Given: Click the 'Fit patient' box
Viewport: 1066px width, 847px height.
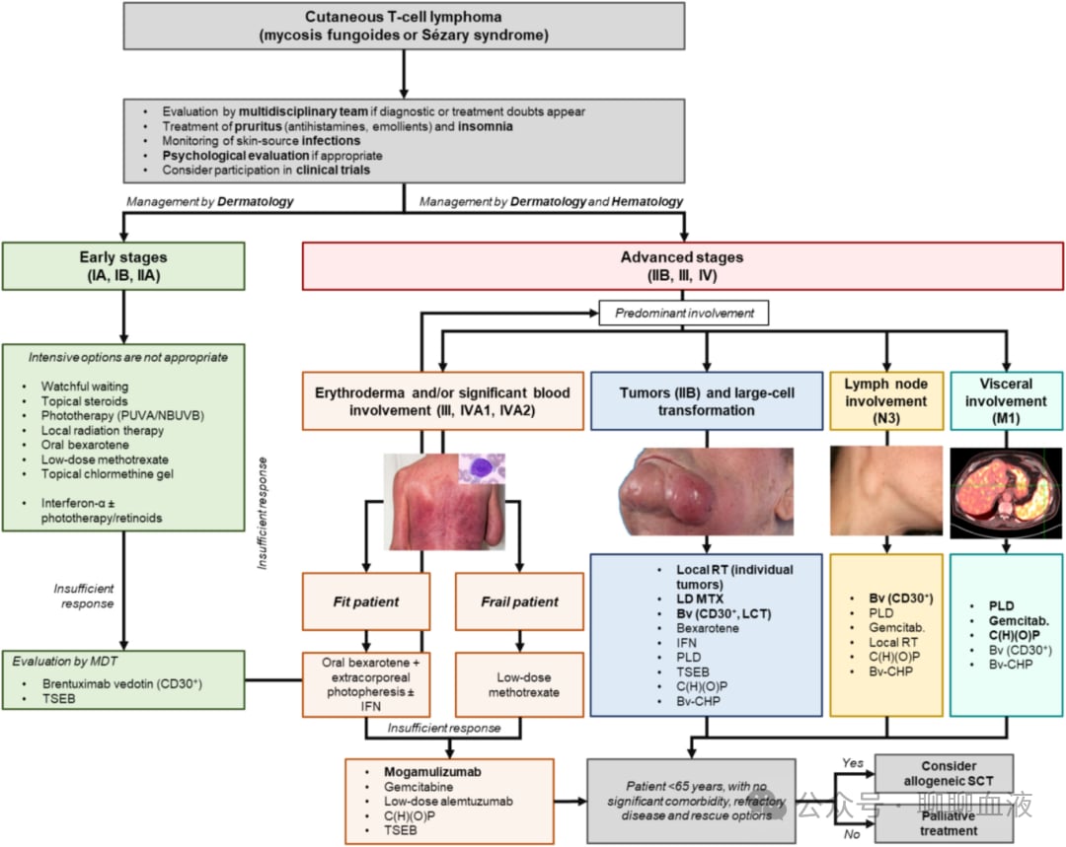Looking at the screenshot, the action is [x=366, y=601].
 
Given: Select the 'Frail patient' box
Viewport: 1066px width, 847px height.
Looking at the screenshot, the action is [x=519, y=601].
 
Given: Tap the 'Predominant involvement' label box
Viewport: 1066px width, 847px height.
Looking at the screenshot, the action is [x=684, y=314].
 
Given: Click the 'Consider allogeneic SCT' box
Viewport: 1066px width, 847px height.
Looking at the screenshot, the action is [x=944, y=773].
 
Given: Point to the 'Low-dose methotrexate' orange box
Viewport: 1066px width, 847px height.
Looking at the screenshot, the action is [x=519, y=684].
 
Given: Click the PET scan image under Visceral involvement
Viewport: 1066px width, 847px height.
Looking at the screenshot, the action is [x=1006, y=493].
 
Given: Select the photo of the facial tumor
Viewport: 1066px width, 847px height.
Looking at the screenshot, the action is [x=706, y=491].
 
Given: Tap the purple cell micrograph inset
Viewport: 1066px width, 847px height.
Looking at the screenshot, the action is [x=482, y=468].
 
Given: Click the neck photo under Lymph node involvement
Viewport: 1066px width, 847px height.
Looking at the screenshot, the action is [x=885, y=490].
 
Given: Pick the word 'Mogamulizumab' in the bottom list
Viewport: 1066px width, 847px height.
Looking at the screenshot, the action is [x=432, y=772].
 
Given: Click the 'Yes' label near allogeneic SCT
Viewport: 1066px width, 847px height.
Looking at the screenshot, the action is [x=853, y=763].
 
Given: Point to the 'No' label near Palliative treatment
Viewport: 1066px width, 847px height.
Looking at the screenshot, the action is [x=852, y=834].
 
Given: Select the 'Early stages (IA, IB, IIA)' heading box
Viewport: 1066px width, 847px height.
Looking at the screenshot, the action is [x=123, y=266].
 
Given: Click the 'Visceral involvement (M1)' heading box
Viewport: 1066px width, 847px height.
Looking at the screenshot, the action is [x=1006, y=400].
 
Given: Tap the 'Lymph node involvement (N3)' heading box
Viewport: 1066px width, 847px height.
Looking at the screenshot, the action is [x=885, y=400].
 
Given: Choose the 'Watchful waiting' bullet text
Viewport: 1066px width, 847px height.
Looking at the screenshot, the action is [x=84, y=386].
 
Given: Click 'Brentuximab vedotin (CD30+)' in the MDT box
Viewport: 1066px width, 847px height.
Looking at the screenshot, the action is [x=122, y=683].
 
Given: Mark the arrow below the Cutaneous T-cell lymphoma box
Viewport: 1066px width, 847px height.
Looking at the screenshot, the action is [x=404, y=74].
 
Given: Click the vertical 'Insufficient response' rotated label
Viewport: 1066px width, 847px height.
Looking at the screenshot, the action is [x=263, y=514].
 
